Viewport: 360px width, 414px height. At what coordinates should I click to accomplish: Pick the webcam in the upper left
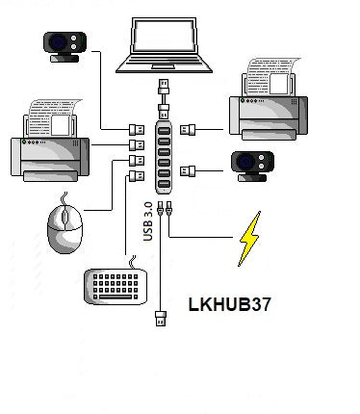tap(64, 45)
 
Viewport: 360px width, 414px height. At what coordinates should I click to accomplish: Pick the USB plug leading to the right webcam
tap(191, 171)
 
